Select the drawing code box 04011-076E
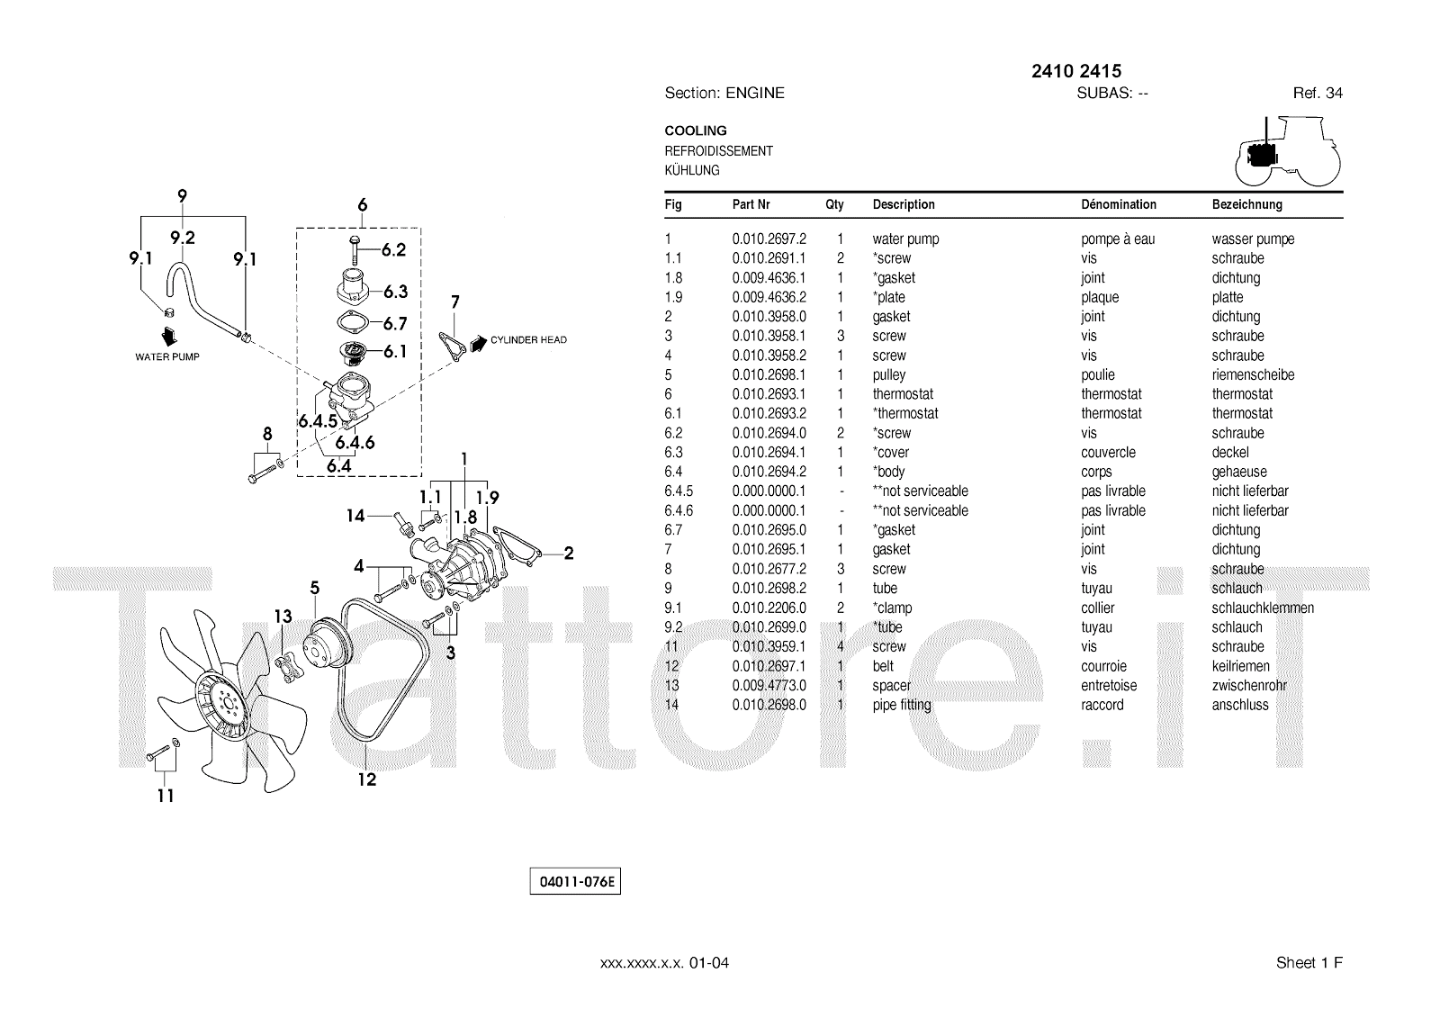[x=575, y=882]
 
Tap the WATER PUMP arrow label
[x=167, y=356]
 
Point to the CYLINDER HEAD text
[x=528, y=340]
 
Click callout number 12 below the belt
[x=367, y=779]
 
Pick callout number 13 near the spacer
[x=283, y=617]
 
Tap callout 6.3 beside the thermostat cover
[x=395, y=292]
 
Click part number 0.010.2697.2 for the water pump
[x=769, y=239]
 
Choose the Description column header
[x=904, y=205]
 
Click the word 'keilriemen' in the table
[x=1240, y=667]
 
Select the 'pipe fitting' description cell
[x=902, y=706]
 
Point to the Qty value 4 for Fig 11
[x=841, y=647]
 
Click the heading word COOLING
[x=696, y=131]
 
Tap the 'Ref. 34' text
[x=1318, y=93]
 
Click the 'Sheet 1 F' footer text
[x=1309, y=963]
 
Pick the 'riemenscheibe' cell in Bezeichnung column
[x=1253, y=375]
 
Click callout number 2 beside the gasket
[x=569, y=554]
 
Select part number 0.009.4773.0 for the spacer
[x=769, y=686]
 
